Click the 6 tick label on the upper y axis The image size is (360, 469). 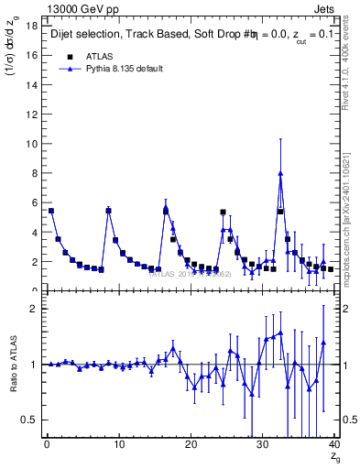coord(33,202)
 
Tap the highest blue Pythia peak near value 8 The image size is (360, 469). coord(280,173)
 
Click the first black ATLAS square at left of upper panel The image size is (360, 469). coord(51,211)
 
